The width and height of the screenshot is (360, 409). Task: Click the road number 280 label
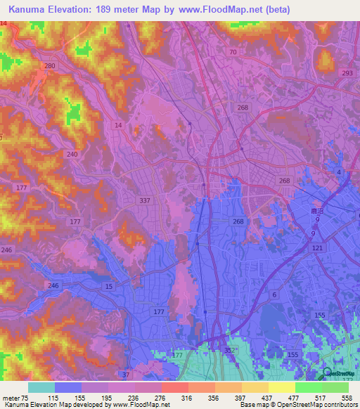49,65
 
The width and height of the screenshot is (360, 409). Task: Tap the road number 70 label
233,53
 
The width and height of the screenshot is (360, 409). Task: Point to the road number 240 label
72,154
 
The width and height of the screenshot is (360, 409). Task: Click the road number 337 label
145,200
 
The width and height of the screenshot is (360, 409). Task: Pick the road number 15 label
108,287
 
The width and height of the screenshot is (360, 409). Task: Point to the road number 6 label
274,294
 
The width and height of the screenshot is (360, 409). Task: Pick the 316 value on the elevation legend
187,398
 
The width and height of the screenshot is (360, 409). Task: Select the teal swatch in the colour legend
41,387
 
